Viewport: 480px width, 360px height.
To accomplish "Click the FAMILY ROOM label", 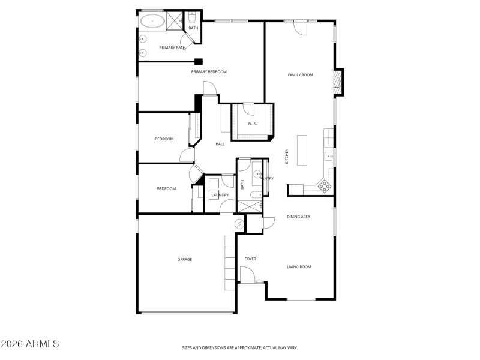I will [x=301, y=75].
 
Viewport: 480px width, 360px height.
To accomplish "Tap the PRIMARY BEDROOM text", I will [x=209, y=72].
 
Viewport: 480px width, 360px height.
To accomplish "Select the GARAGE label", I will [x=184, y=259].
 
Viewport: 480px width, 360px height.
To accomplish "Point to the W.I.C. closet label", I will [x=253, y=124].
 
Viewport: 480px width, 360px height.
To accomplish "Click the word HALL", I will [x=220, y=144].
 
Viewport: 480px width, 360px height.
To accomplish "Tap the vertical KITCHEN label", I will [x=287, y=157].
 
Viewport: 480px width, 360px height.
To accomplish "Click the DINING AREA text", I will [x=298, y=217].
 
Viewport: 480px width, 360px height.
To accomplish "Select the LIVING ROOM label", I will [x=299, y=267].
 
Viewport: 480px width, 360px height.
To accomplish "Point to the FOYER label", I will [x=250, y=259].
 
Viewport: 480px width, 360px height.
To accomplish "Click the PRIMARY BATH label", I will [x=172, y=48].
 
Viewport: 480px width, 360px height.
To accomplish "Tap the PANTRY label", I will [x=266, y=178].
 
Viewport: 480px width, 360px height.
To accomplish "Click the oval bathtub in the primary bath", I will [x=152, y=22].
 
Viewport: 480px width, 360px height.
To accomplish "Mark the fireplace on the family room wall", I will [x=338, y=82].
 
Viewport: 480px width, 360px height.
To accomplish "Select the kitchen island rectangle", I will [x=301, y=151].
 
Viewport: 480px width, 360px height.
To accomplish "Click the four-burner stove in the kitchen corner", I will [x=325, y=187].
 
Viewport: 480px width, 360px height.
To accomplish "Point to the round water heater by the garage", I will [x=240, y=224].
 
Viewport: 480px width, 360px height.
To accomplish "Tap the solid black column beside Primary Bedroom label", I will [x=199, y=61].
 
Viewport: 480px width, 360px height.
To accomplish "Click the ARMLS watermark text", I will [x=29, y=344].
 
